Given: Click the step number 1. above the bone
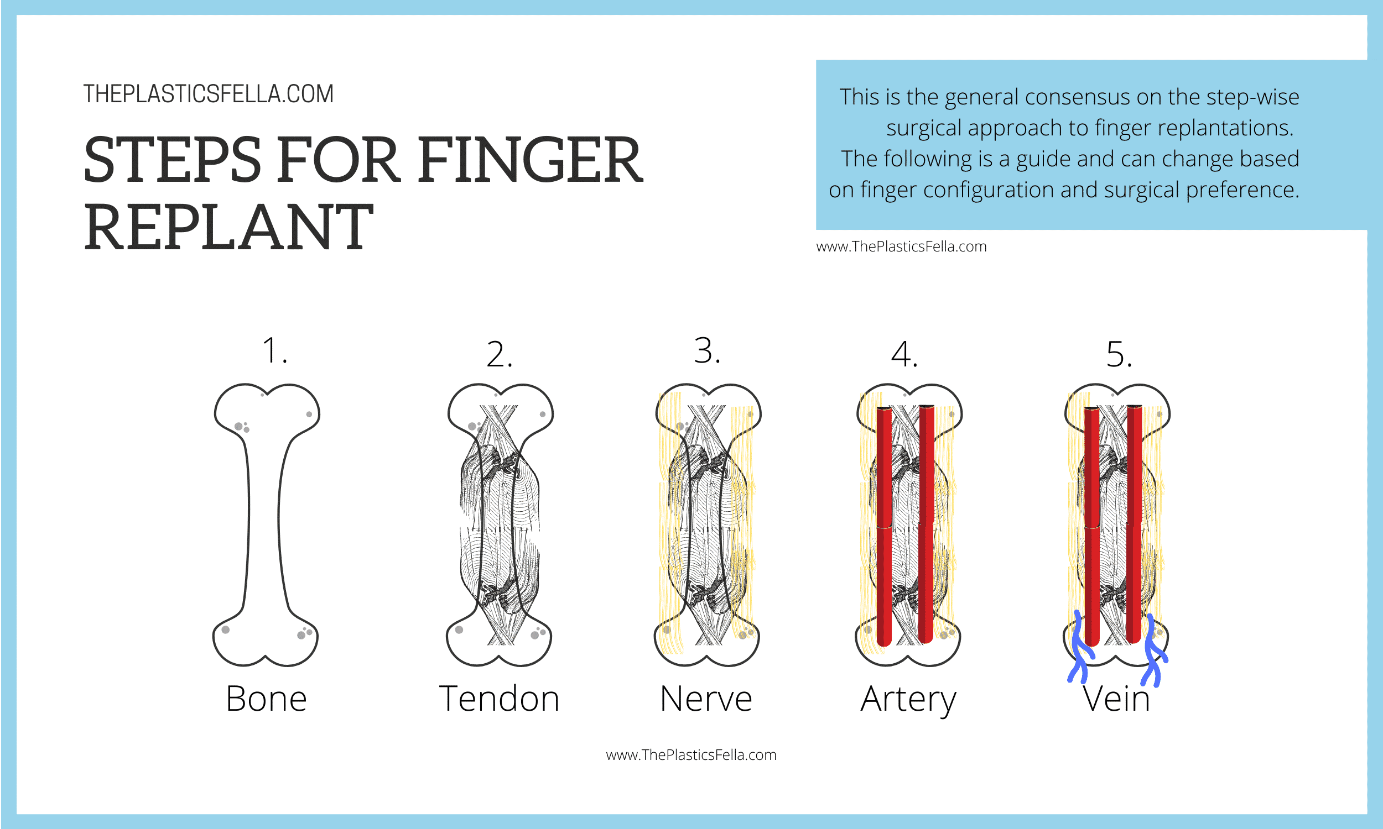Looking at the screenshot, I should pos(274,351).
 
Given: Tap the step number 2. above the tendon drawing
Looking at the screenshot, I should pos(499,354).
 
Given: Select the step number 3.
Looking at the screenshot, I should pos(707,351).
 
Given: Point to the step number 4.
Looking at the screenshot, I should pos(904,354).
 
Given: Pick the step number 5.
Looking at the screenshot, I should pos(1119,354).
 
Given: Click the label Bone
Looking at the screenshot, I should pos(266,698).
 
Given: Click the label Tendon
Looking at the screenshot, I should pos(499,698).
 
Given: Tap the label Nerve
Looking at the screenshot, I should pos(706,698).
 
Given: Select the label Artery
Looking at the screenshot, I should pos(908,699).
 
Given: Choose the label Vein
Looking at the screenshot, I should pos(1116,699).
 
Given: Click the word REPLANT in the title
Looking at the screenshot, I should pos(228,227).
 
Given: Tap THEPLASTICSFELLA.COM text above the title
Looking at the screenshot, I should pos(209,94).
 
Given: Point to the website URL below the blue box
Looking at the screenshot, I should pos(901,246).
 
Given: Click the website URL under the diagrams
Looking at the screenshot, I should pos(691,755).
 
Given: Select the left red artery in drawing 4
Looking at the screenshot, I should pos(884,525).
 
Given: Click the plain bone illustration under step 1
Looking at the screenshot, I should pos(264,525).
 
